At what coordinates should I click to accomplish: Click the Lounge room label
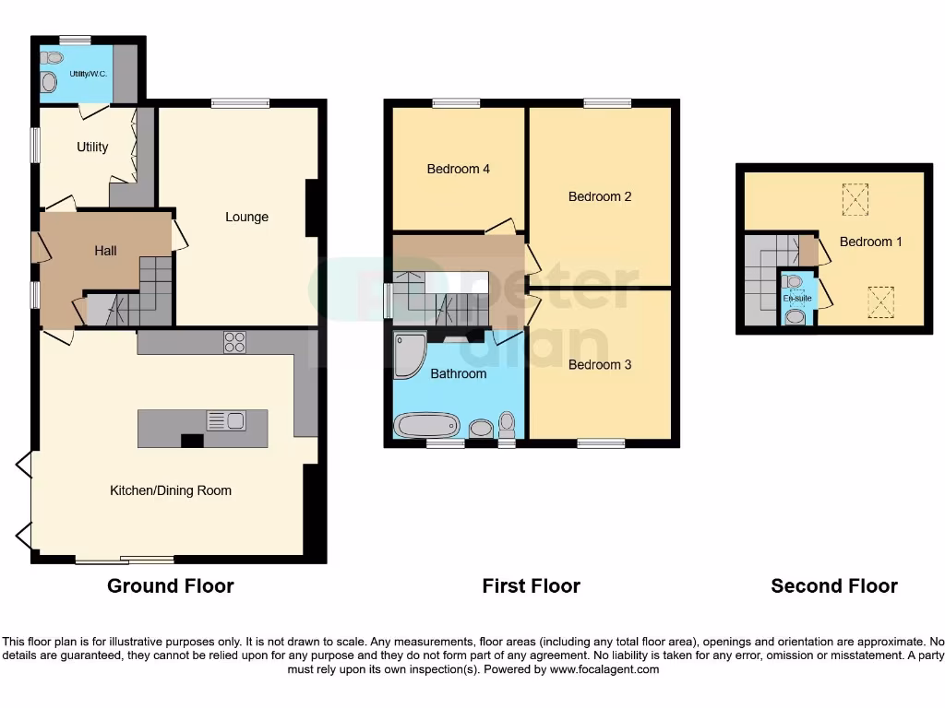tap(246, 218)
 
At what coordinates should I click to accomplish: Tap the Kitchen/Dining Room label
tap(171, 490)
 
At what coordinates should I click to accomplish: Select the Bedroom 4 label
tap(458, 169)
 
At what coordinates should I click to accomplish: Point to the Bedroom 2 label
tap(599, 196)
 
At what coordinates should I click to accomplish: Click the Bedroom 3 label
tap(599, 365)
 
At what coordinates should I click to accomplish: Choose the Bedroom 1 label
tap(870, 242)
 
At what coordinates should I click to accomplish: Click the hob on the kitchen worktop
tap(234, 342)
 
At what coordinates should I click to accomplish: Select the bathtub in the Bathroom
tap(426, 426)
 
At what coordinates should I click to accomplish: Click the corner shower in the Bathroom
tap(407, 354)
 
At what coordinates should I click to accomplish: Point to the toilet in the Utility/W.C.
tap(48, 82)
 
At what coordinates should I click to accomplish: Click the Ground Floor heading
tap(171, 586)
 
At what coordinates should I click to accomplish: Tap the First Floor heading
tap(531, 586)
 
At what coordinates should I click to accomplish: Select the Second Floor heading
tap(834, 586)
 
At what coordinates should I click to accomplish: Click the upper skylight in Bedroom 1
tap(855, 198)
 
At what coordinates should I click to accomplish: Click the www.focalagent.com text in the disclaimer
tap(604, 669)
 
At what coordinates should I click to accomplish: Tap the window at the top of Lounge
tap(240, 103)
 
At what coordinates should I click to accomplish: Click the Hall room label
tap(105, 251)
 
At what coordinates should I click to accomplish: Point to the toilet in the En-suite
tap(795, 317)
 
